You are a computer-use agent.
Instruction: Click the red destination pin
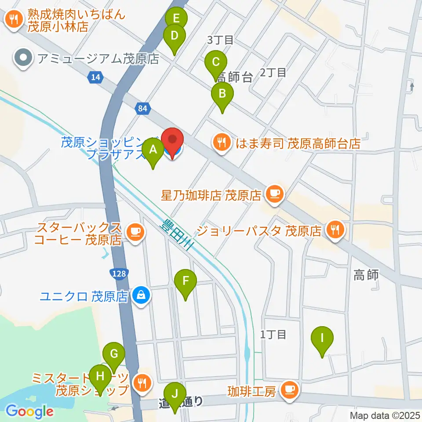[x=172, y=141]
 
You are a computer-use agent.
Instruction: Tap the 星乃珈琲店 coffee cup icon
[x=276, y=194]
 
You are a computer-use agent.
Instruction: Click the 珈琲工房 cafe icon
[x=289, y=389]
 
